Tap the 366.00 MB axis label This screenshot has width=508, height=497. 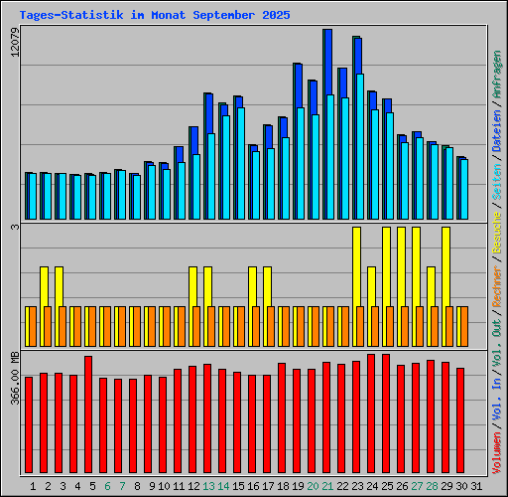coord(14,373)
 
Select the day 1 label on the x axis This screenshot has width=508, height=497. coord(34,486)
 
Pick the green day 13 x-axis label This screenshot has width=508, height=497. coord(209,486)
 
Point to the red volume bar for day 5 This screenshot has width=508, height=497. coord(88,415)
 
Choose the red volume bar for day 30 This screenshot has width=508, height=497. coord(460,421)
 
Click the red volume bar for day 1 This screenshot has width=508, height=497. coord(29,425)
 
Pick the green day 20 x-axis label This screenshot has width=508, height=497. coord(314,486)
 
